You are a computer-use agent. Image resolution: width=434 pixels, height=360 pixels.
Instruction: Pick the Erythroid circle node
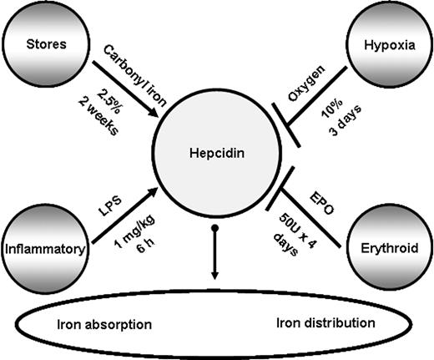click(385, 247)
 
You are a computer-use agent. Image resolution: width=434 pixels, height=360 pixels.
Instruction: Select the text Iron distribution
click(325, 322)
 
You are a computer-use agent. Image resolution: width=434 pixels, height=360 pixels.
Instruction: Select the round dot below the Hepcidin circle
click(214, 228)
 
